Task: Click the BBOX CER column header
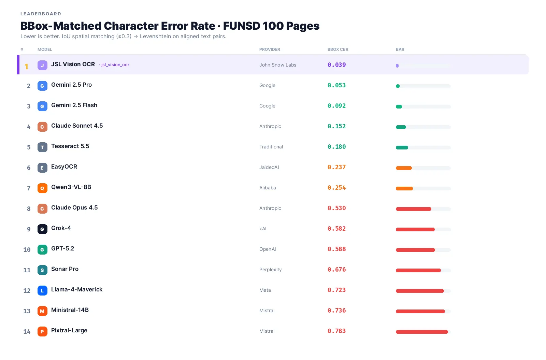[x=337, y=49]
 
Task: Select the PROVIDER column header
[x=270, y=49]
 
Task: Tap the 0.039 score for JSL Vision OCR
[x=336, y=65]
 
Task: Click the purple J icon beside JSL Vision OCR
[x=42, y=65]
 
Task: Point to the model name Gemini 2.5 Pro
[x=71, y=85]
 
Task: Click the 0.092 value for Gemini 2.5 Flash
[x=336, y=106]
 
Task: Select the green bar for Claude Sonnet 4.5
[x=401, y=127]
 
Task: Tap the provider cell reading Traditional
[x=271, y=147]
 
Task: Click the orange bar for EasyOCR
[x=404, y=168]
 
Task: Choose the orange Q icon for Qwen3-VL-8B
[x=42, y=188]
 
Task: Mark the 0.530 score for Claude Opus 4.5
[x=336, y=208]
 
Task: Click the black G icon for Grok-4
[x=42, y=229]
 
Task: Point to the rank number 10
[x=27, y=249]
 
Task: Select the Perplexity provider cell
[x=270, y=270]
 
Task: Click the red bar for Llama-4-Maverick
[x=420, y=291]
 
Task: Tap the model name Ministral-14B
[x=70, y=310]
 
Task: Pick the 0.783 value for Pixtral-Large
[x=336, y=331]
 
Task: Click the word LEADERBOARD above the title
[x=41, y=14]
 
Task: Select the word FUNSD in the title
[x=242, y=26]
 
